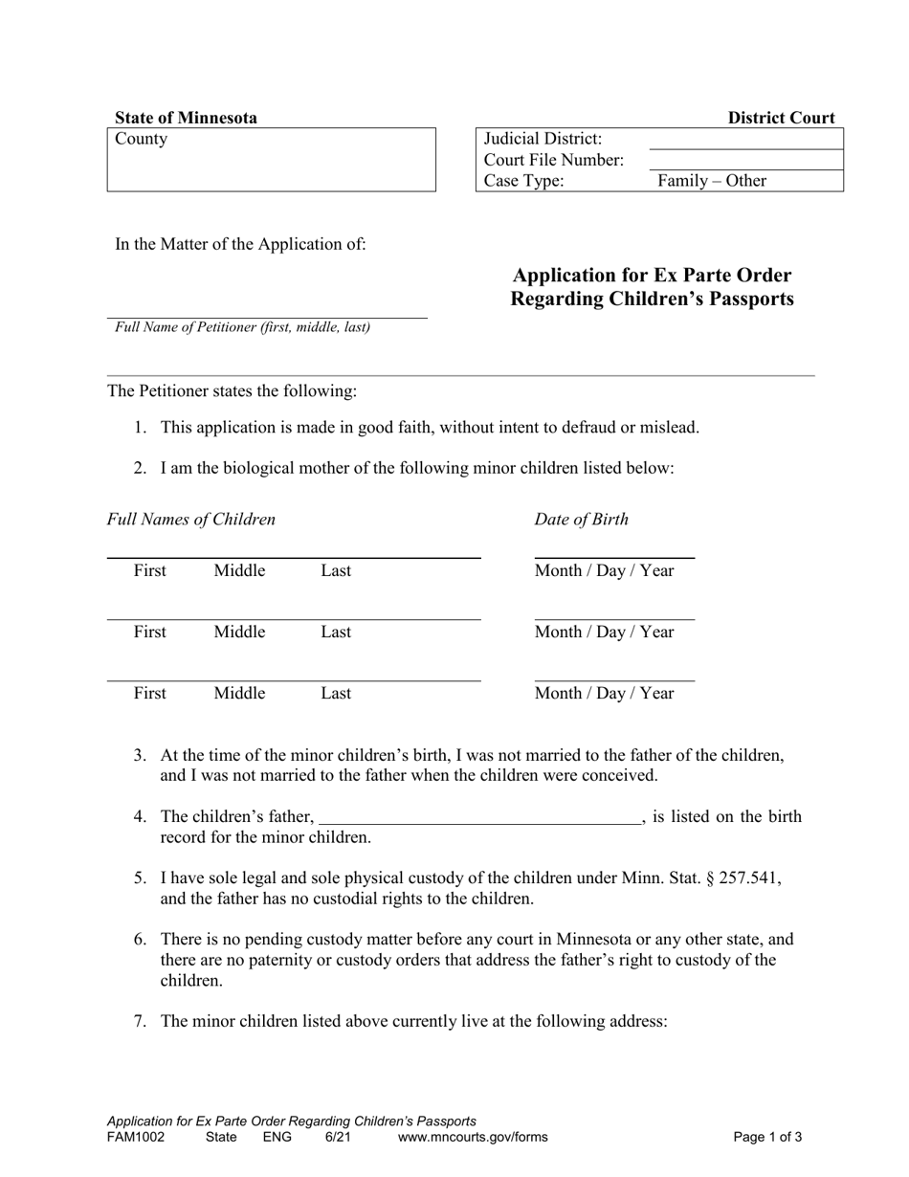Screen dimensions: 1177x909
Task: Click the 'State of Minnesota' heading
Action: (x=186, y=118)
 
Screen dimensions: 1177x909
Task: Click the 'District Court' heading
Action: (x=781, y=118)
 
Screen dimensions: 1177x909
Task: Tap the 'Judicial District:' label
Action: (x=543, y=139)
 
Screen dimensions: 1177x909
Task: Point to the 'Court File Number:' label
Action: (x=554, y=160)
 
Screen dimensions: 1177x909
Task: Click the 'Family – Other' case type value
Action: (x=711, y=181)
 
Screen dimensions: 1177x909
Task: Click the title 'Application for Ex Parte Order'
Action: (x=652, y=276)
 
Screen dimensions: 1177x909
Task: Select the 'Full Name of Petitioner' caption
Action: (x=242, y=327)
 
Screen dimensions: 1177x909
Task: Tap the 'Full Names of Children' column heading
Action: (x=191, y=520)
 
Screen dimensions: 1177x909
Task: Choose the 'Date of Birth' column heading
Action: (x=581, y=520)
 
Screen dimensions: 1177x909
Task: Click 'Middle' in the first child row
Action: (x=239, y=571)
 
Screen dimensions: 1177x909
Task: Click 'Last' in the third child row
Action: (x=336, y=694)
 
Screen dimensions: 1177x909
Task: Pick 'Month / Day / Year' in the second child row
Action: (x=604, y=633)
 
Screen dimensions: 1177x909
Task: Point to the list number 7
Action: (x=140, y=1021)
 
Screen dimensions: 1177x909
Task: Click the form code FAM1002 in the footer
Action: (x=135, y=1138)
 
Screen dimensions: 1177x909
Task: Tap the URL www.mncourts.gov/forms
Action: (x=473, y=1138)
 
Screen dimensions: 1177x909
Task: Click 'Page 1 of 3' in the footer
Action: (x=767, y=1138)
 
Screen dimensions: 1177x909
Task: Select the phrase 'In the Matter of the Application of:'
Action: (x=240, y=244)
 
